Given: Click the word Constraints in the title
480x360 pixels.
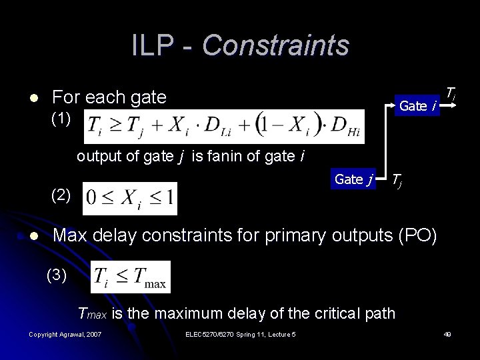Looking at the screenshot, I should pos(275,45).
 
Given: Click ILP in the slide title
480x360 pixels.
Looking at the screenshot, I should pos(153,45).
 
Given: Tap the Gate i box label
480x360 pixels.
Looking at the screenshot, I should pos(418,105).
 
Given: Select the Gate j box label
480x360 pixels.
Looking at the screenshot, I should pos(353,179).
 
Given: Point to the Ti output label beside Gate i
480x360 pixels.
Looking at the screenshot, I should pos(451,93).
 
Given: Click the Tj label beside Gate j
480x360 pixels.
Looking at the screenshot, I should pos(397,179).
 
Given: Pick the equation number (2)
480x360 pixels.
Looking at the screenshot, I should pos(61,195).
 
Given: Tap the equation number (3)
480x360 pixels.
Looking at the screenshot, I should pos(57,275).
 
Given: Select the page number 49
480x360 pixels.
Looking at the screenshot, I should pos(447,334).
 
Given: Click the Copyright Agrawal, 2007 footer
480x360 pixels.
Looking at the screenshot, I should pos(65,334).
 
